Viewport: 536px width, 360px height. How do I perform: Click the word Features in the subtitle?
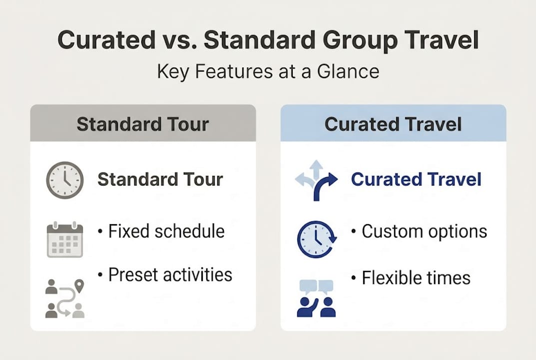pos(230,71)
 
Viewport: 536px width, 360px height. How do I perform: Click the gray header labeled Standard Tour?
pos(143,123)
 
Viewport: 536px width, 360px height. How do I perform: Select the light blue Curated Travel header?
pos(393,123)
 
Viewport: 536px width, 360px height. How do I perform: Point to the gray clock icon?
pos(64,180)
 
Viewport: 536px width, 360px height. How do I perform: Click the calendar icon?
pos(64,239)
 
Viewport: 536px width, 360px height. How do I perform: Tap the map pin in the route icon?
pos(79,286)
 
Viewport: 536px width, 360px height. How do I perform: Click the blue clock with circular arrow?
pos(316,239)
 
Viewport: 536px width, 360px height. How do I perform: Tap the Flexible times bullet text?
pos(411,277)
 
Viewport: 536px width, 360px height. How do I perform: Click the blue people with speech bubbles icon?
pos(316,298)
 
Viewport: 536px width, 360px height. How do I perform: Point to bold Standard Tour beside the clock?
pos(160,179)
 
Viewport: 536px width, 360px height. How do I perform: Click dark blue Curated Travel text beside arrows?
pos(416,179)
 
